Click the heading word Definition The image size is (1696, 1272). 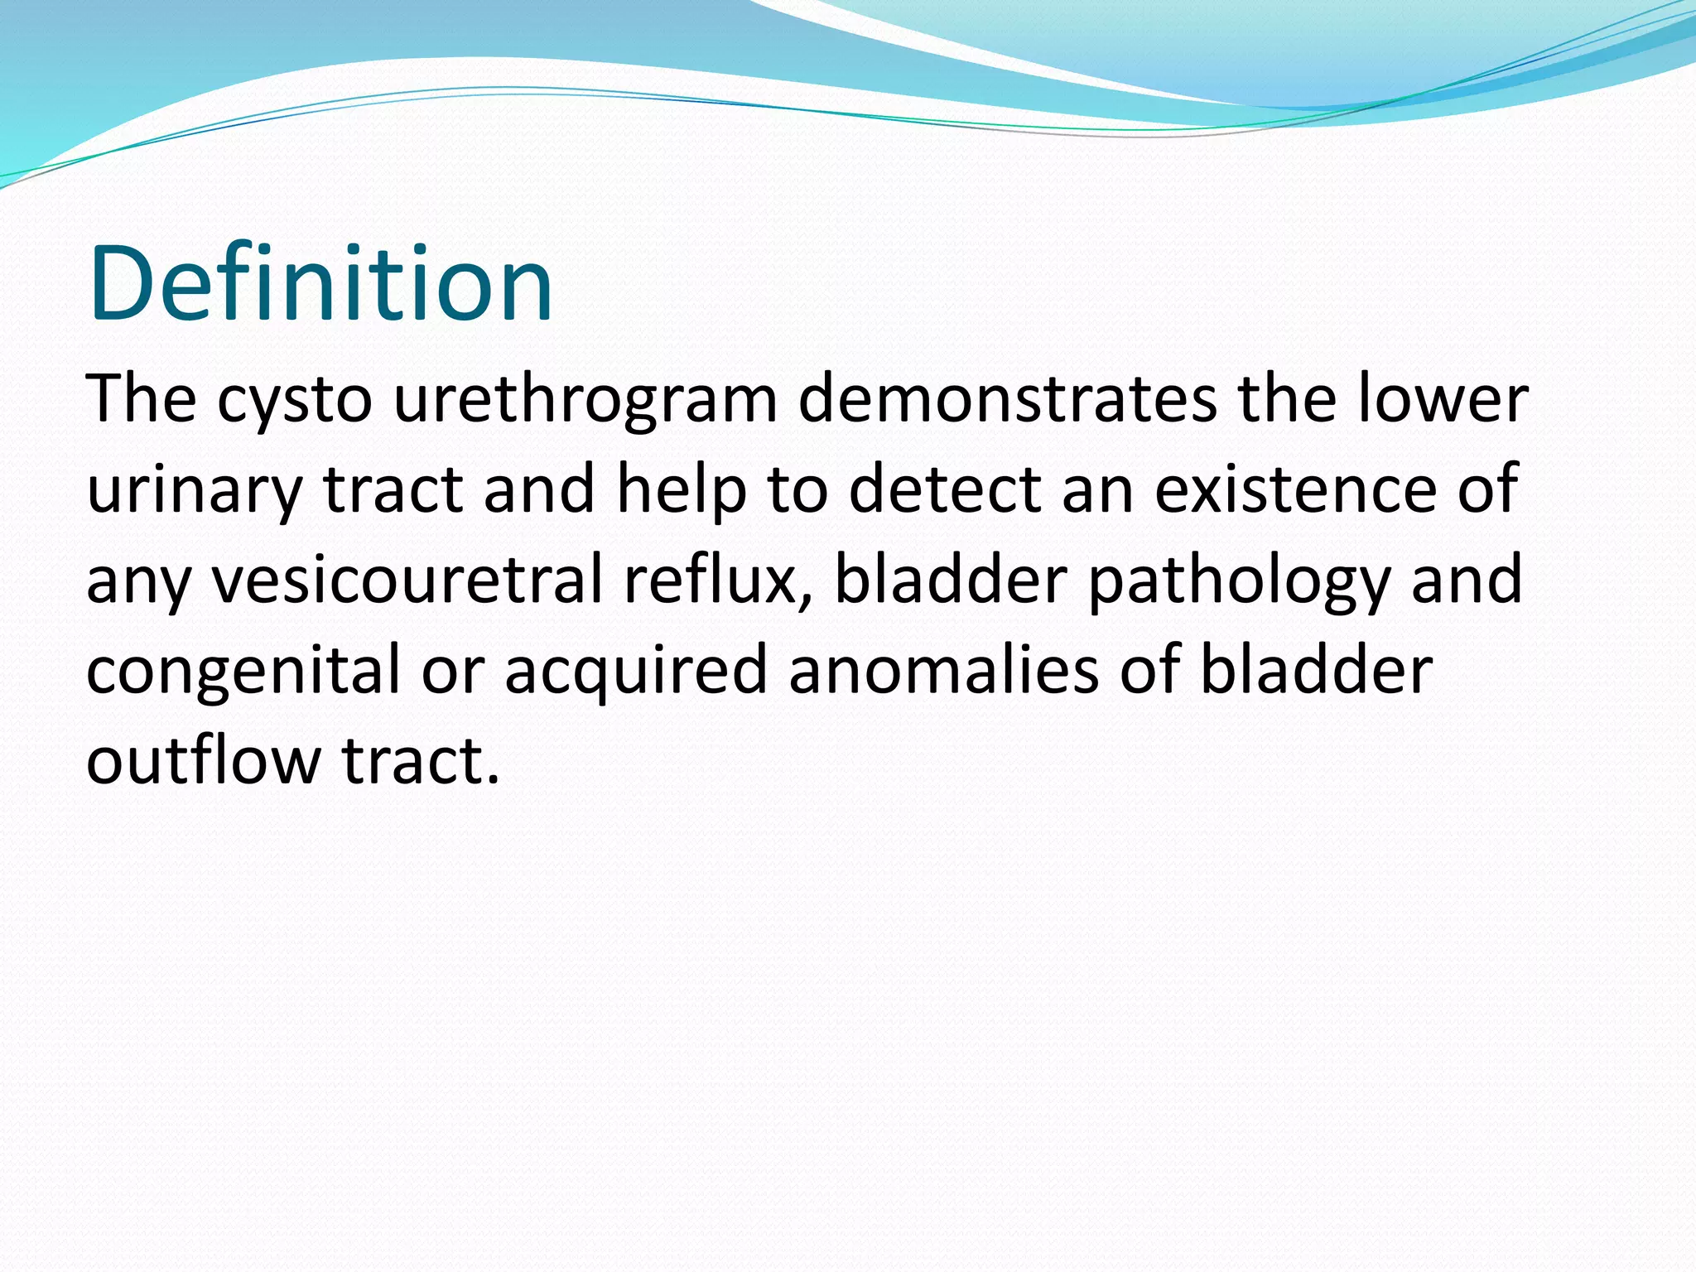pyautogui.click(x=320, y=284)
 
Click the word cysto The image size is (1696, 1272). pyautogui.click(x=295, y=400)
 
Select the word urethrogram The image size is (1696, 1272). pyautogui.click(x=585, y=400)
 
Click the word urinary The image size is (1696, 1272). pyautogui.click(x=194, y=490)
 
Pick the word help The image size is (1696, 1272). pyautogui.click(x=681, y=490)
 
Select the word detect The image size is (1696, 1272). pyautogui.click(x=944, y=490)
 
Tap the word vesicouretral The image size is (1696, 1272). pyautogui.click(x=407, y=580)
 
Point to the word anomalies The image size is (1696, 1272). pyautogui.click(x=943, y=669)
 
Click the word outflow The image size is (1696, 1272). pyautogui.click(x=203, y=760)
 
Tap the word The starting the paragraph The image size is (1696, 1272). pyautogui.click(x=141, y=400)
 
